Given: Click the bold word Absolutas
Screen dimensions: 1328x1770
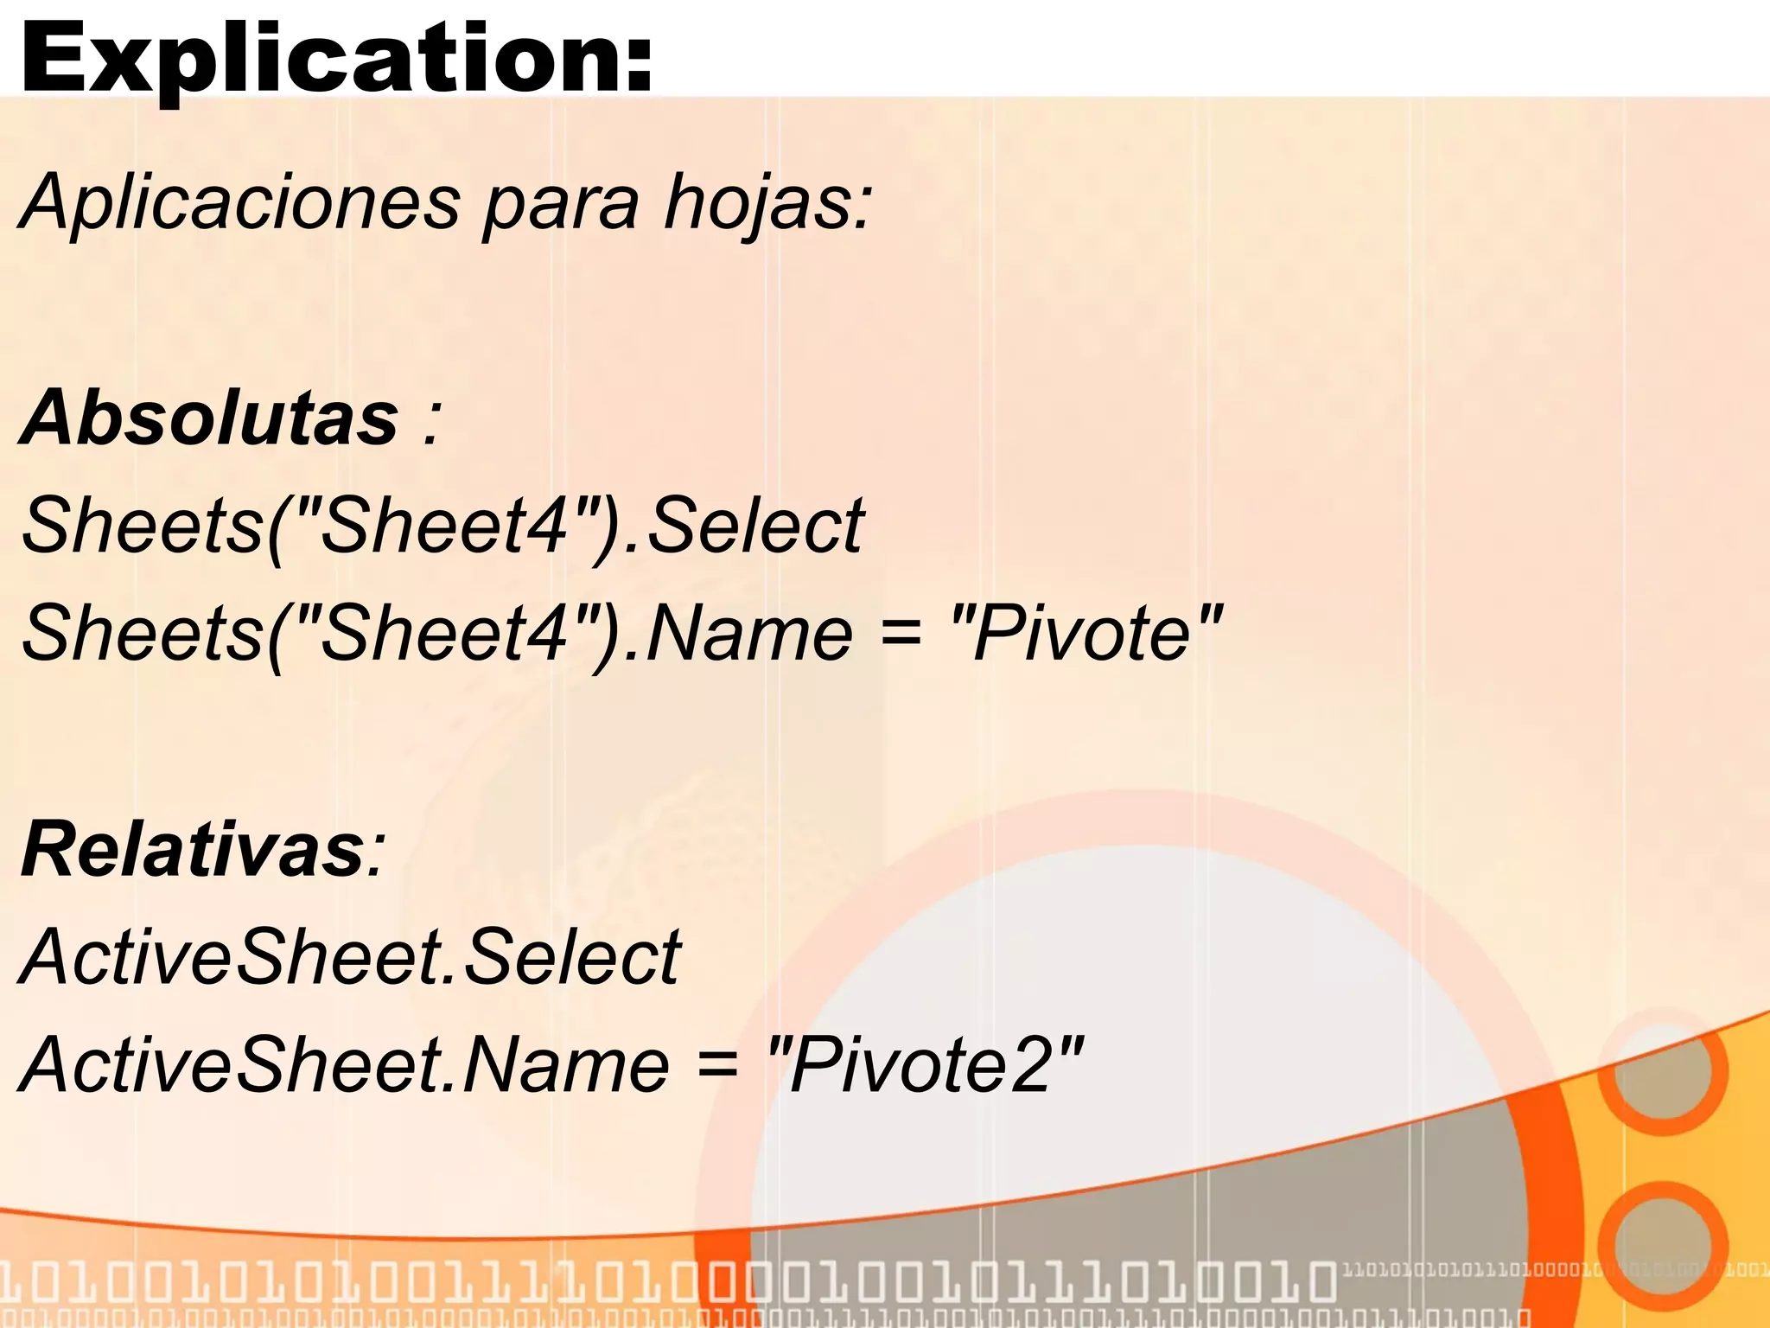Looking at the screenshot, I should tap(209, 418).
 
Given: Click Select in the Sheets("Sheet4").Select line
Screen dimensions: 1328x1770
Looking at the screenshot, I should tap(754, 526).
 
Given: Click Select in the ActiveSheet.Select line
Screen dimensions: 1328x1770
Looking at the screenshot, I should tap(572, 956).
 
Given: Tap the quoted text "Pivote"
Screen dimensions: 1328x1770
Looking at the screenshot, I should tap(1086, 633).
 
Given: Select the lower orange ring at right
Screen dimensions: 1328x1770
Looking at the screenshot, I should tap(1661, 1245).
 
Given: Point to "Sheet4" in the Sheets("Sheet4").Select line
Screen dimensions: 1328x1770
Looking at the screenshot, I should tap(448, 526).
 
